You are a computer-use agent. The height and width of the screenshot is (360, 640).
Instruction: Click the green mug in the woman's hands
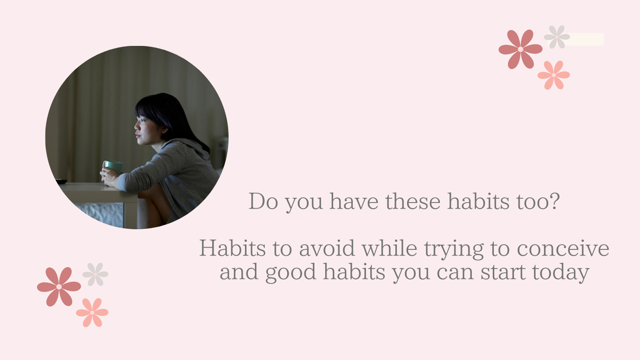(113, 167)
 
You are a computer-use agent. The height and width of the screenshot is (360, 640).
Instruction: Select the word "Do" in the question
(263, 201)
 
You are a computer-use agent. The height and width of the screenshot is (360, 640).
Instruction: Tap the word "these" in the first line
(413, 201)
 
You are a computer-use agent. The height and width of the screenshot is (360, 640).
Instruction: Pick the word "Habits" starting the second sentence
(232, 248)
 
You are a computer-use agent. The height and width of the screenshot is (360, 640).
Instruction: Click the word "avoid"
(327, 248)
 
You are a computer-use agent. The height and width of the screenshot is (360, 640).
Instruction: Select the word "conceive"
(563, 248)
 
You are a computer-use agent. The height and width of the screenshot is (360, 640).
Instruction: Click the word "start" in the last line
(503, 272)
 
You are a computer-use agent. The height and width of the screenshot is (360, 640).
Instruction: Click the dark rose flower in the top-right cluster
(521, 49)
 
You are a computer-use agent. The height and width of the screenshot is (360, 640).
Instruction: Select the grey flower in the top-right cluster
(557, 37)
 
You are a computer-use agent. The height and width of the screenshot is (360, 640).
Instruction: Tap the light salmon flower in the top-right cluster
(554, 75)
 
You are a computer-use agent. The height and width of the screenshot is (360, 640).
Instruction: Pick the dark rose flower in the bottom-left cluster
(59, 286)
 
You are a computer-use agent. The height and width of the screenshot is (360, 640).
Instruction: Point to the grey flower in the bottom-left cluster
(95, 274)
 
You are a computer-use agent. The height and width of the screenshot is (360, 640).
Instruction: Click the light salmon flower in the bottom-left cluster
(92, 313)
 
